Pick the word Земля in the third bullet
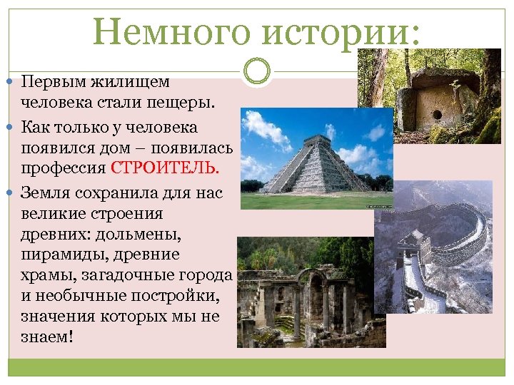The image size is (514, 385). pyautogui.click(x=44, y=192)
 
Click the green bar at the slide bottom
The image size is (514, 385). pyautogui.click(x=257, y=367)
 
